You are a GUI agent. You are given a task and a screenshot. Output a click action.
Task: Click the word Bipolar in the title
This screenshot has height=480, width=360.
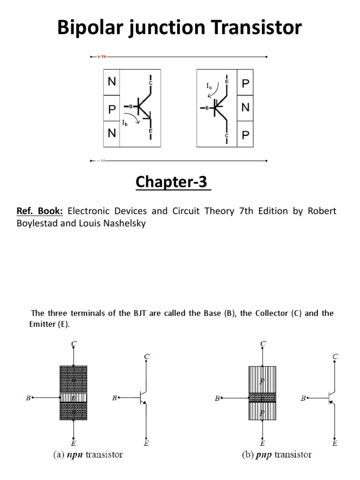click(x=89, y=28)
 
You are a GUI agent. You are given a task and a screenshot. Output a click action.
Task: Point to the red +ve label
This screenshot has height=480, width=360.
click(x=102, y=57)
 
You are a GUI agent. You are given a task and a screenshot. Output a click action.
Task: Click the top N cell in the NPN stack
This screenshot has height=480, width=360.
click(x=112, y=82)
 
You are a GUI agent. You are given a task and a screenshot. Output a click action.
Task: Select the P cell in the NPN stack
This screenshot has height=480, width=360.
click(x=112, y=109)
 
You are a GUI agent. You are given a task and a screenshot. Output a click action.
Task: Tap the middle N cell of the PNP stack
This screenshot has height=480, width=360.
click(x=246, y=108)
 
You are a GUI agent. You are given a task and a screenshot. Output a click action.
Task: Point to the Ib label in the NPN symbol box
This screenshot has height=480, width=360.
click(x=125, y=123)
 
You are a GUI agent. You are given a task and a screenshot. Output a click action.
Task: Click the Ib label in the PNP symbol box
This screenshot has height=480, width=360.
click(x=209, y=86)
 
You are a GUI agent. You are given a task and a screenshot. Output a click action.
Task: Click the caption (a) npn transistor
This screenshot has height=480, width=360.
click(x=87, y=455)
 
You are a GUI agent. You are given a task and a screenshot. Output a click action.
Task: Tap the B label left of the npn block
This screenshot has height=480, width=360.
click(x=29, y=398)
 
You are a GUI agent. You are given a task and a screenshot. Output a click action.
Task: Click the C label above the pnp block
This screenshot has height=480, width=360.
click(x=262, y=344)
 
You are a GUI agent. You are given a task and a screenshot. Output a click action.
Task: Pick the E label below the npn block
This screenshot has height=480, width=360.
click(x=74, y=442)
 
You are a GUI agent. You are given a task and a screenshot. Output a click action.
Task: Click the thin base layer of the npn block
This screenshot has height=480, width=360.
click(x=74, y=398)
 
